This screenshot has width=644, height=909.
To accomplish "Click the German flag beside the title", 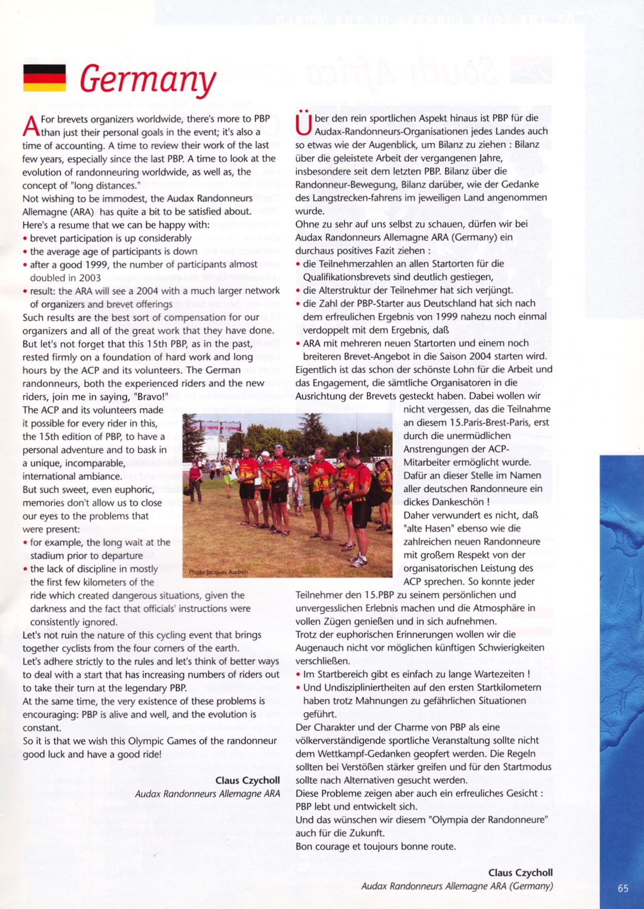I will pos(44,78).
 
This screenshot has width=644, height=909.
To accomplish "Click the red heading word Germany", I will pos(148,79).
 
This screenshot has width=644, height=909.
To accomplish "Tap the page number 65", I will pos(623,888).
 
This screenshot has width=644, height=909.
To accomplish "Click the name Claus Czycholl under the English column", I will pos(247,780).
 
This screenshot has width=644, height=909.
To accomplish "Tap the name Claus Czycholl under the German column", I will pos(520,872).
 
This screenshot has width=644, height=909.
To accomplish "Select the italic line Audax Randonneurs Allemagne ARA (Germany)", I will pos(457,886).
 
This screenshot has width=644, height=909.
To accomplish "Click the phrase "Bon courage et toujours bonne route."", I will pos(376,846).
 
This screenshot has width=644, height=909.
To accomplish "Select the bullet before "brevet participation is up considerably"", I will pos(25,238).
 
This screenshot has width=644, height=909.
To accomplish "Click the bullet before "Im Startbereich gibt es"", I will pos(298,674).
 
